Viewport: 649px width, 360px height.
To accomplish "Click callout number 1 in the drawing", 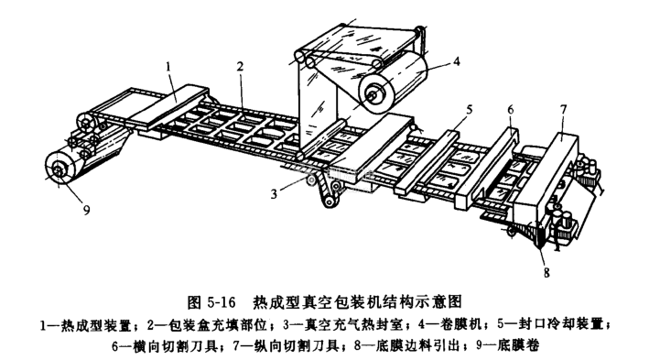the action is click(x=168, y=67).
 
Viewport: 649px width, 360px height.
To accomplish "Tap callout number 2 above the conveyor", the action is click(x=241, y=67).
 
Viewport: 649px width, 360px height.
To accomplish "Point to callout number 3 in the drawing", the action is click(x=274, y=193).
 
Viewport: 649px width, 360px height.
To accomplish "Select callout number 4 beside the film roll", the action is click(x=456, y=61).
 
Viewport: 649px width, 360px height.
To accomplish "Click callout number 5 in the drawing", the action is click(x=469, y=110).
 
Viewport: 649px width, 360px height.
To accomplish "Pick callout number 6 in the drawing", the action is click(x=511, y=110).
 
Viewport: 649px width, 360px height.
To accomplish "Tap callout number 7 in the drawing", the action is click(x=563, y=110).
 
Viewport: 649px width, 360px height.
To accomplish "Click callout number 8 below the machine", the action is click(x=546, y=273).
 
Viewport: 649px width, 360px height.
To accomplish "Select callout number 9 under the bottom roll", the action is click(x=87, y=211).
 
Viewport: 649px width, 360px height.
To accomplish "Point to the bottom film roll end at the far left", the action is click(x=59, y=169).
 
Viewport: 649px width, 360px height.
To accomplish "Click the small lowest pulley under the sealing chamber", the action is click(x=330, y=202).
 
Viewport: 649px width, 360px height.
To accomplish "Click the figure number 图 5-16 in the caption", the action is click(x=211, y=302).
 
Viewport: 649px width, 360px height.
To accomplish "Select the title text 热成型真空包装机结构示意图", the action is click(x=357, y=302).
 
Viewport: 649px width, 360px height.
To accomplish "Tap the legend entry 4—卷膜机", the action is click(x=449, y=324).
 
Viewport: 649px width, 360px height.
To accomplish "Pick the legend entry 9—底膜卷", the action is click(x=507, y=345).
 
